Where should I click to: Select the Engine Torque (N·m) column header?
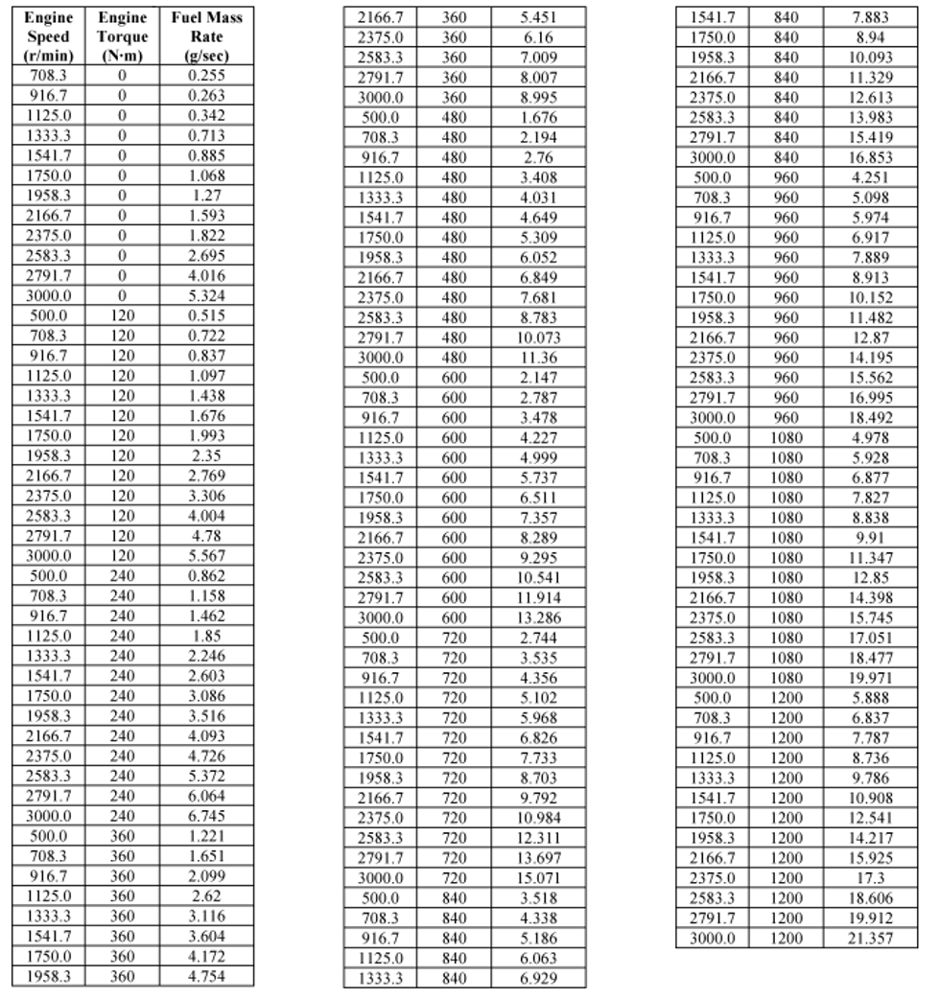(122, 36)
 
